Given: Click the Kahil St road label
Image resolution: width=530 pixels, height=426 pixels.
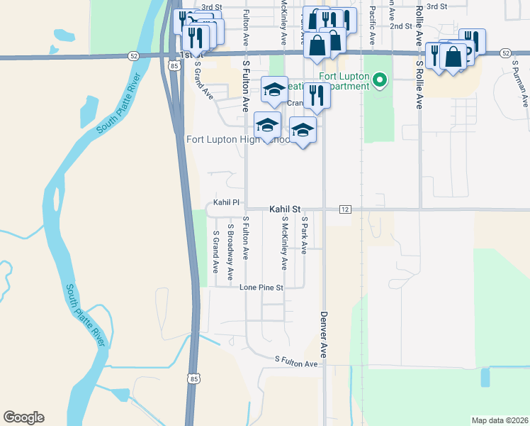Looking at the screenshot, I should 285,209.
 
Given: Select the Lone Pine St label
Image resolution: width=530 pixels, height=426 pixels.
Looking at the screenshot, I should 261,288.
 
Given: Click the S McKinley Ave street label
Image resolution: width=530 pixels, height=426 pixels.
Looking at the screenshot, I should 283,246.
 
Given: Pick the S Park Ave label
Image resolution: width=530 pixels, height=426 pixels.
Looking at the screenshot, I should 303,235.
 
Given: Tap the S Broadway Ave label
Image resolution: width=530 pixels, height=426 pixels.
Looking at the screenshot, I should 230,253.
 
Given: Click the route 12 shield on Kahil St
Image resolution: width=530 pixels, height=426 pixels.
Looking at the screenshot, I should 345,209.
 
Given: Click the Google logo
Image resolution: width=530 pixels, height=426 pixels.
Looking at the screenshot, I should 23,417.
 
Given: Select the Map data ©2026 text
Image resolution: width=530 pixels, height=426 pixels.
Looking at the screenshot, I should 499,420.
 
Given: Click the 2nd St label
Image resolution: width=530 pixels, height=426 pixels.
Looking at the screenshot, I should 401,26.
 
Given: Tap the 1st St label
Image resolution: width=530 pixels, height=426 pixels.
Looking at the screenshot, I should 186,54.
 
